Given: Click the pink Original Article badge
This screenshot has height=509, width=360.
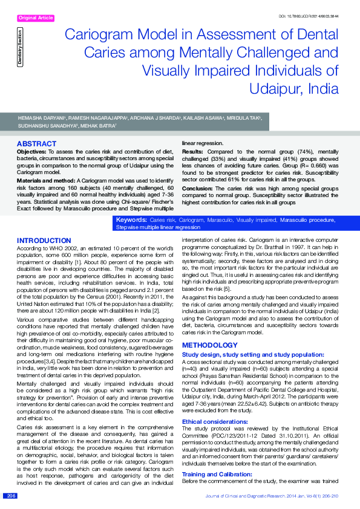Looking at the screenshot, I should (x=36, y=19).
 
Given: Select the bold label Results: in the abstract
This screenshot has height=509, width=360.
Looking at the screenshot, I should (x=192, y=151).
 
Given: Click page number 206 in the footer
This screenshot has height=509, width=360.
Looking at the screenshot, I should (x=11, y=496).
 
